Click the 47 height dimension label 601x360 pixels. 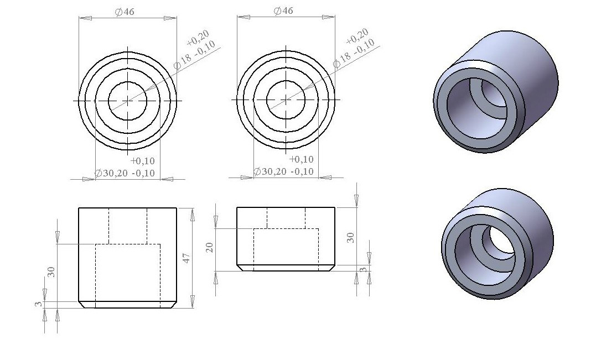click(186, 258)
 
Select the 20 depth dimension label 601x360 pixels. click(209, 247)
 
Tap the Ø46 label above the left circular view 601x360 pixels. click(125, 12)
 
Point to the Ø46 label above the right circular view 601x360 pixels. click(283, 11)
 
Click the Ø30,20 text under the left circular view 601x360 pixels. click(112, 173)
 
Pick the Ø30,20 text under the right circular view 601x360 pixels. click(270, 171)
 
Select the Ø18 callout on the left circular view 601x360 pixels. click(182, 61)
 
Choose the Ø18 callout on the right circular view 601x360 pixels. click(341, 59)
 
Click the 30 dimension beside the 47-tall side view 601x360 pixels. click(51, 272)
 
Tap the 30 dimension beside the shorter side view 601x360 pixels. click(350, 237)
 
